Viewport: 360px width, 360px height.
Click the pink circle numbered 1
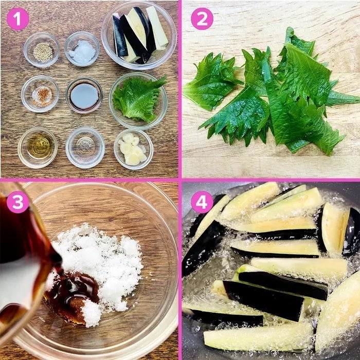(x=17, y=19)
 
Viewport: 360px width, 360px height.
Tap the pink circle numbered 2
(x=202, y=19)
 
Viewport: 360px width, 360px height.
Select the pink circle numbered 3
(x=17, y=202)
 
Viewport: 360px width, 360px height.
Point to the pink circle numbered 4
(x=202, y=202)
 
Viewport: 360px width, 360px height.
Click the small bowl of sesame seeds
(x=41, y=49)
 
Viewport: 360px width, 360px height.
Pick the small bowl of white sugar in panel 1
(x=82, y=49)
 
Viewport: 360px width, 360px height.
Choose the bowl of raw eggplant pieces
(x=139, y=35)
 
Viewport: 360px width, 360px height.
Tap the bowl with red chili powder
(x=40, y=94)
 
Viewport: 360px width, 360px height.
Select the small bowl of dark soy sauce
(x=84, y=95)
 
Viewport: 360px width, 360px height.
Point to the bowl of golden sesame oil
(x=38, y=148)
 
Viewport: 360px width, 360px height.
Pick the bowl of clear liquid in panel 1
(x=85, y=148)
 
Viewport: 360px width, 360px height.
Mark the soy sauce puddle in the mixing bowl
(x=73, y=296)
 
